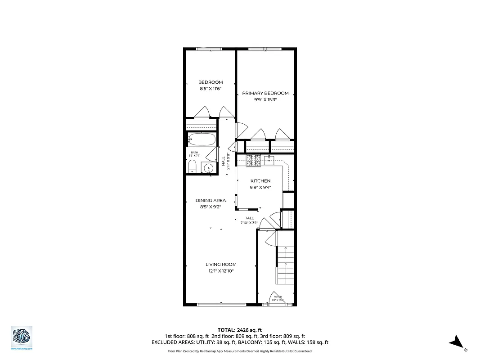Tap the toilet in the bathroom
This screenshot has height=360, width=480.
pyautogui.click(x=192, y=167)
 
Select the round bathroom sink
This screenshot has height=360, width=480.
pyautogui.click(x=208, y=168)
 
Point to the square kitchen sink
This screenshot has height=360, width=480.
pyautogui.click(x=270, y=160)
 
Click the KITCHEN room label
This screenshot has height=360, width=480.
pyautogui.click(x=260, y=181)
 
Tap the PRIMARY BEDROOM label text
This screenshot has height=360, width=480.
pyautogui.click(x=265, y=93)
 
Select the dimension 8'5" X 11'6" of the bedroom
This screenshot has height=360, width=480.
pyautogui.click(x=211, y=89)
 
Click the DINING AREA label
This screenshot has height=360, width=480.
pyautogui.click(x=211, y=200)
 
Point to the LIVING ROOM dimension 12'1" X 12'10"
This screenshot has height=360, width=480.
pyautogui.click(x=220, y=271)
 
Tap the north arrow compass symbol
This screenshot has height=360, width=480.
pyautogui.click(x=457, y=342)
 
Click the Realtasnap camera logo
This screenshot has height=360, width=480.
pyautogui.click(x=22, y=337)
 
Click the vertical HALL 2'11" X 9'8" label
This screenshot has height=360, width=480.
pyautogui.click(x=226, y=161)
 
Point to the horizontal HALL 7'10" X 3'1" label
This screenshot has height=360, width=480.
pyautogui.click(x=249, y=220)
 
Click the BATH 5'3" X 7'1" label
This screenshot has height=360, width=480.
pyautogui.click(x=194, y=154)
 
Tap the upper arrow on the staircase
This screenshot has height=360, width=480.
pyautogui.click(x=285, y=250)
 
